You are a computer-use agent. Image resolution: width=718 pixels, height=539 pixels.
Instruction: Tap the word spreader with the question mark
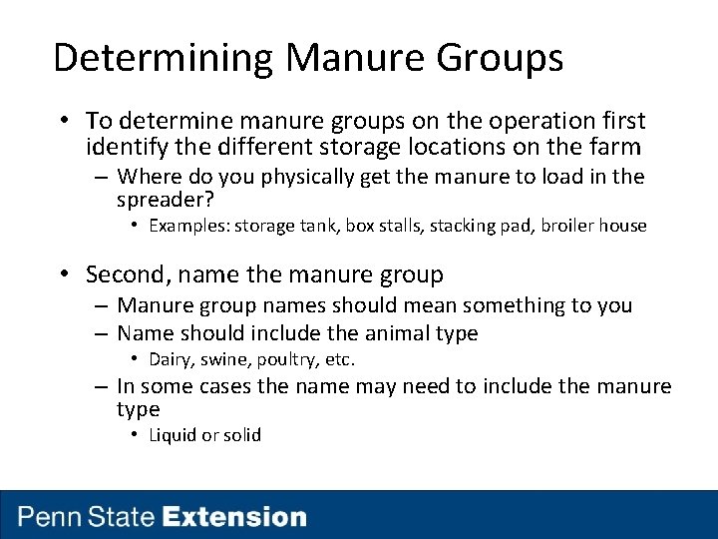point(166,200)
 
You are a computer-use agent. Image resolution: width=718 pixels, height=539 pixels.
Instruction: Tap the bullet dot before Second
point(64,274)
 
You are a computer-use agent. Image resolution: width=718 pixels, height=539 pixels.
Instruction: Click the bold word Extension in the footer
point(234,517)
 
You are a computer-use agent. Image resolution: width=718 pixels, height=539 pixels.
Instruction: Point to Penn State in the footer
point(87,517)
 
